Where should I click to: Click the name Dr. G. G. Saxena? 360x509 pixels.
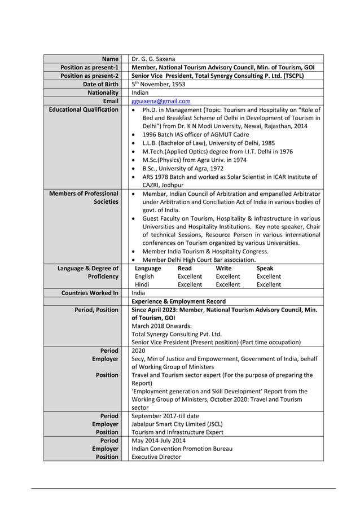point(153,59)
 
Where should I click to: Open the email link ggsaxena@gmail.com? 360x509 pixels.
point(161,101)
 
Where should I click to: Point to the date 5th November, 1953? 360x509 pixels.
point(158,84)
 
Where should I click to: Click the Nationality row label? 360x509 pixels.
point(103,93)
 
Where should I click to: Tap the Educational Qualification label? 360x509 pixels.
point(84,109)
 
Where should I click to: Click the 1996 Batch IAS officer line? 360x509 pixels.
point(195,135)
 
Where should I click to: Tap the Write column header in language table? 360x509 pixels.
point(223,268)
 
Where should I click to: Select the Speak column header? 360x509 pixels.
point(265,268)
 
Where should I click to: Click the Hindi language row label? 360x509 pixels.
point(142,284)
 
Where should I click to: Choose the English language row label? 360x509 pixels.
point(144,277)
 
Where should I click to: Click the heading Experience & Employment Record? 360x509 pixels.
point(178,301)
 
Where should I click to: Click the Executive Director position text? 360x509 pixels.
point(156,457)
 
